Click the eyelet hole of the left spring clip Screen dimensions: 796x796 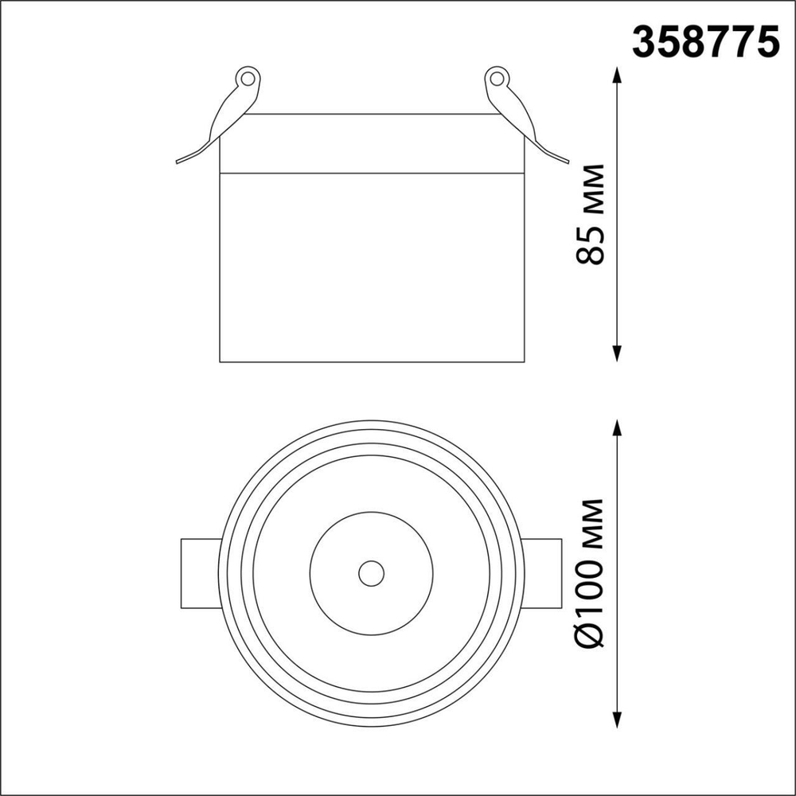[248, 78]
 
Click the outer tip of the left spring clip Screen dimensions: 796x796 [178, 162]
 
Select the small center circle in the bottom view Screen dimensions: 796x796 [371, 572]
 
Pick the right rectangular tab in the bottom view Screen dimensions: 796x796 [543, 572]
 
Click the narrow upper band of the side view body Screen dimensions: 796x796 [372, 143]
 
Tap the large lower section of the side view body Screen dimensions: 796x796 [372, 267]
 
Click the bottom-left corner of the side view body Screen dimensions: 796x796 [220, 361]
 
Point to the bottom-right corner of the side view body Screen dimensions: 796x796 [525, 361]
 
